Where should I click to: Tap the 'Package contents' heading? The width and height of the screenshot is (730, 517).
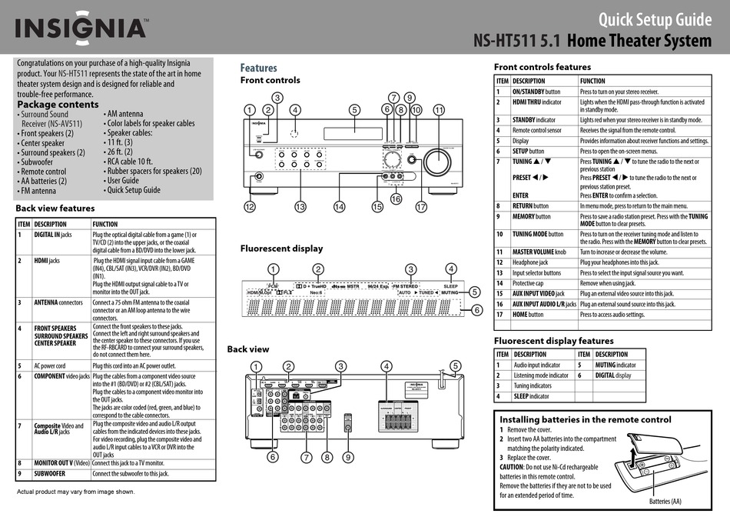tap(58, 105)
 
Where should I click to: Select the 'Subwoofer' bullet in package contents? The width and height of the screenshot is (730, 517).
tap(43, 162)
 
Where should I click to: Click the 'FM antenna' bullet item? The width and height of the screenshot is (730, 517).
tap(38, 191)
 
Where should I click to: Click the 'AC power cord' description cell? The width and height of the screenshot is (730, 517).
tap(50, 366)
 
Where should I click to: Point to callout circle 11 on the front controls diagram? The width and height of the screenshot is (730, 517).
tap(439, 109)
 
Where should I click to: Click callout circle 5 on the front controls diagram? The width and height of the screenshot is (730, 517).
tap(354, 109)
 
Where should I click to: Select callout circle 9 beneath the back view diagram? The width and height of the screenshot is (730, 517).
tap(348, 457)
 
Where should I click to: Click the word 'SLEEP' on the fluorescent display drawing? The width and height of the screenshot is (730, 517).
tap(450, 285)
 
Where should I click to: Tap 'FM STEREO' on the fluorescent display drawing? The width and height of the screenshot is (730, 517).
tap(412, 285)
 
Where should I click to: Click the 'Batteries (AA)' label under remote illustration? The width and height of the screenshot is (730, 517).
tap(665, 501)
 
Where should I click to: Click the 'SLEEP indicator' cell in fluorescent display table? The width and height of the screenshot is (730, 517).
tap(532, 396)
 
